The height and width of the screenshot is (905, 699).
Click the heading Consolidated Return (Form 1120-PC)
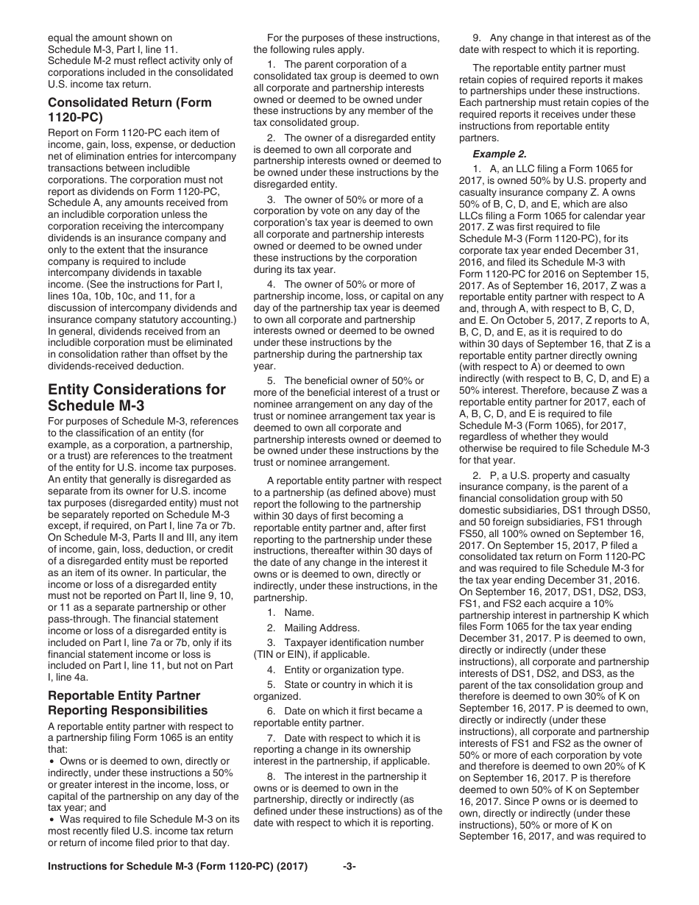pos(129,110)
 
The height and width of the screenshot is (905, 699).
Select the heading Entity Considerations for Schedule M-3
pos(137,397)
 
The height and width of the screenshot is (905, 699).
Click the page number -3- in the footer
pos(349,887)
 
